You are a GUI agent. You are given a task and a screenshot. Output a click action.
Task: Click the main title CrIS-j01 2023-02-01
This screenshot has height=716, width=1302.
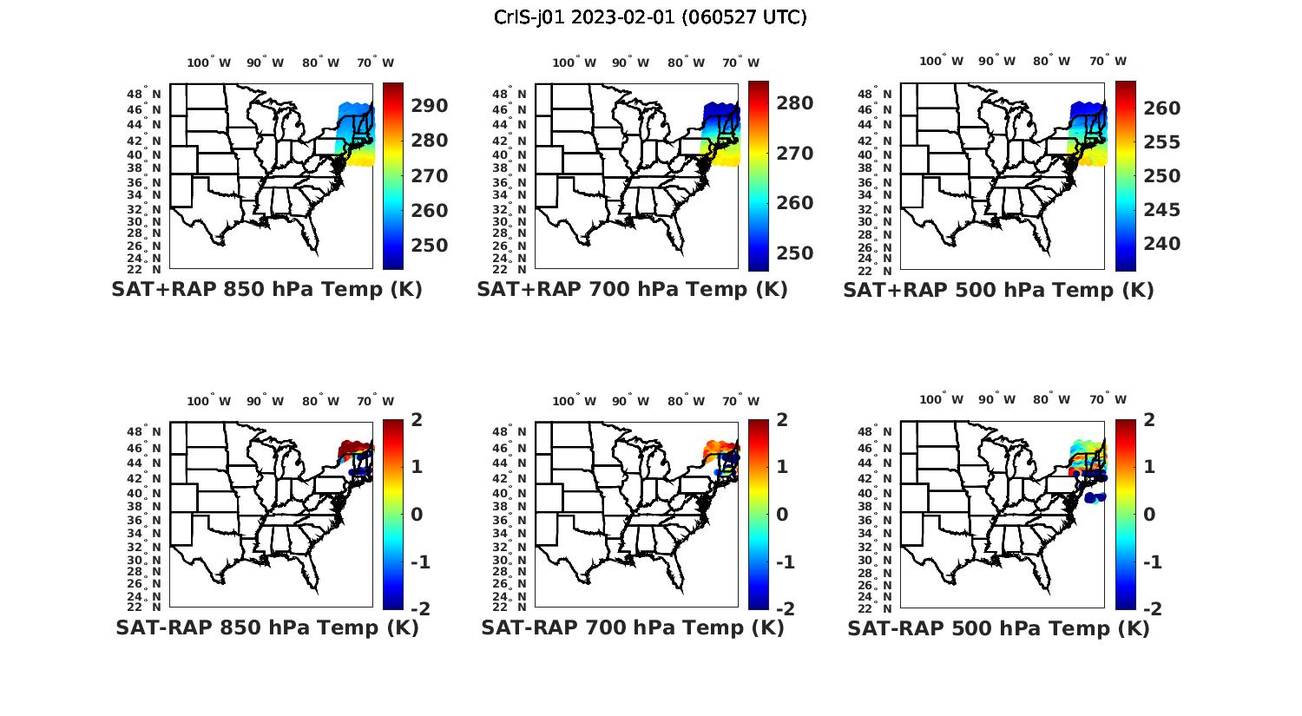[650, 17]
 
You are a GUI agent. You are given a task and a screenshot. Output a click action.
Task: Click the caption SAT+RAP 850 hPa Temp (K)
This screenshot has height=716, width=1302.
[266, 289]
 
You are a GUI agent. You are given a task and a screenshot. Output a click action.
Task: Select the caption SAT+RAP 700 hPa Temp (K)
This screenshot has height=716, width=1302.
[632, 289]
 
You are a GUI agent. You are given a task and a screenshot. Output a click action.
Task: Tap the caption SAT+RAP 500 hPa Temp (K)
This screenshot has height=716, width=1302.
[998, 290]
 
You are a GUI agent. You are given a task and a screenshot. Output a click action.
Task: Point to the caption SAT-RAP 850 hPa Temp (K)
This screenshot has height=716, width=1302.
[266, 627]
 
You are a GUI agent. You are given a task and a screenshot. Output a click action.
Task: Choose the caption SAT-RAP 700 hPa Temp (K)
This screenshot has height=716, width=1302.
[632, 627]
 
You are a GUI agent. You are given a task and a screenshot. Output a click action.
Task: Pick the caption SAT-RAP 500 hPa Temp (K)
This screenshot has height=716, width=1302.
[998, 628]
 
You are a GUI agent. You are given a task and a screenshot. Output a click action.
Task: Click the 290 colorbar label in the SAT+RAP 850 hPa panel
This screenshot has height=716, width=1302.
[430, 106]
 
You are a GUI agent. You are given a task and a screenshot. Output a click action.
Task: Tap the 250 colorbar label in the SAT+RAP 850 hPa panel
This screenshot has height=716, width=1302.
[430, 246]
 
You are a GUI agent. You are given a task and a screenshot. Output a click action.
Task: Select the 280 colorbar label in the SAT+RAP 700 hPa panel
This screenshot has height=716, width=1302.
[795, 103]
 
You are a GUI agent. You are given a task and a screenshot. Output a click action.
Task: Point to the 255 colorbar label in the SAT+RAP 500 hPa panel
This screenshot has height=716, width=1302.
[1161, 142]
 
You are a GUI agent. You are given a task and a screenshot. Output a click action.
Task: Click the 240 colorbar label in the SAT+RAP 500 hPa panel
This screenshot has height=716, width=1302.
[1161, 244]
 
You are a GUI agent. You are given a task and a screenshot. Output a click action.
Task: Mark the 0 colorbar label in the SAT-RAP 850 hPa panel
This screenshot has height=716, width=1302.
[416, 515]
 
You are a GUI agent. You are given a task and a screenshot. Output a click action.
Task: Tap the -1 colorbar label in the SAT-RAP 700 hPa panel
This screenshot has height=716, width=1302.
[785, 562]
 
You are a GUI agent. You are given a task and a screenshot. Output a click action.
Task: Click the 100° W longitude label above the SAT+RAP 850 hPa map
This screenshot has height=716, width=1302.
[209, 62]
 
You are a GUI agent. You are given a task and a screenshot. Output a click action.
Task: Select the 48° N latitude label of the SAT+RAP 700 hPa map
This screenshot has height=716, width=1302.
[513, 95]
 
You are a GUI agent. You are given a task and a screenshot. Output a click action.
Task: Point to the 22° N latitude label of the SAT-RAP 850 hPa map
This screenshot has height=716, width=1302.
[148, 607]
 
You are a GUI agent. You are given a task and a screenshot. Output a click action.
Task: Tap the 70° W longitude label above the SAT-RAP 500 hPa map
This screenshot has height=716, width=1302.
[1108, 400]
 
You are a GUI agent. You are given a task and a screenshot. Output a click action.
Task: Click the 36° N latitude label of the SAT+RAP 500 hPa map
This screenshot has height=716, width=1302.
[878, 183]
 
